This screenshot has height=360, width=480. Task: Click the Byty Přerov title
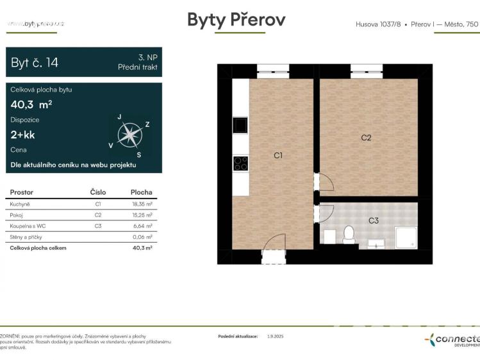[x=236, y=20]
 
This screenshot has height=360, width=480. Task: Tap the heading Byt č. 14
[x=35, y=62]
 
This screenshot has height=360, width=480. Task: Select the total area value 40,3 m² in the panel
[x=31, y=104]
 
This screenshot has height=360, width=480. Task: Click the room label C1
[x=278, y=155]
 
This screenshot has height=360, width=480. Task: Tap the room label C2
[x=366, y=137]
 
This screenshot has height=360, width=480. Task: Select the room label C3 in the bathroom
[x=374, y=220]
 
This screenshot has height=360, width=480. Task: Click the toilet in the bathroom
[x=349, y=235]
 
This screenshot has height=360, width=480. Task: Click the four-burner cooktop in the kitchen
[x=241, y=163]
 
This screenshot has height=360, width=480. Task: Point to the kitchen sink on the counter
[x=241, y=125]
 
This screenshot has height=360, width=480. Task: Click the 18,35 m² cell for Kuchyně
[x=141, y=204]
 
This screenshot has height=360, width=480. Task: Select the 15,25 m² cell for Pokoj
[x=141, y=215]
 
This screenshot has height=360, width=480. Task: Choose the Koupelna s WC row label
[x=28, y=226]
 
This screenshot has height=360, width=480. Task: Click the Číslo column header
[x=97, y=192]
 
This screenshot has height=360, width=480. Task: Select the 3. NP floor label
[x=147, y=57]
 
